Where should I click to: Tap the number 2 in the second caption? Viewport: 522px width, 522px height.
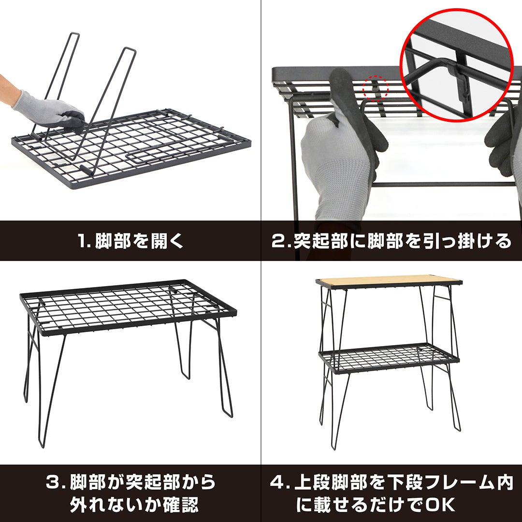point(277,241)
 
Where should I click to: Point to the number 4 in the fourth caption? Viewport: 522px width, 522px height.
point(277,482)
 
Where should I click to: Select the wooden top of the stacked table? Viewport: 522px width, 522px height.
point(389,281)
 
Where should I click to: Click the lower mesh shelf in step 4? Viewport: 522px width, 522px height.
point(389,358)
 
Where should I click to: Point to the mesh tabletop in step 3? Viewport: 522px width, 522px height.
point(128,306)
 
